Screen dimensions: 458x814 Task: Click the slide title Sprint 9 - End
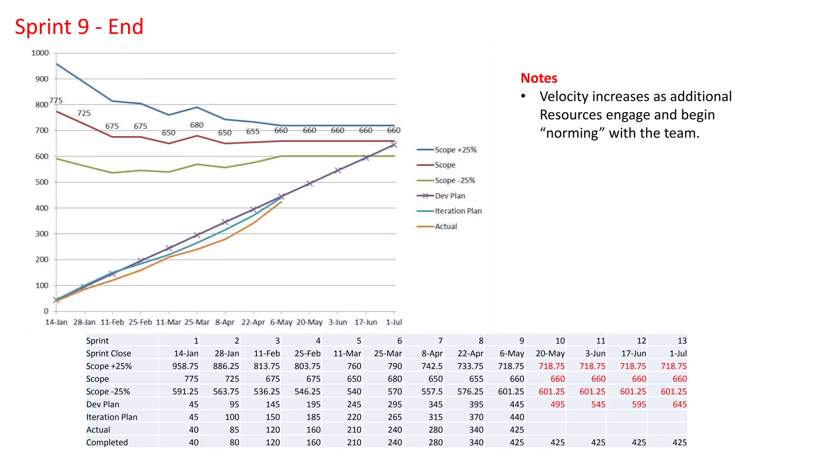point(79,27)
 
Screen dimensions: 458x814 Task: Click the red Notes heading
point(539,78)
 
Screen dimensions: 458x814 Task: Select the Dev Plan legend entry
point(450,196)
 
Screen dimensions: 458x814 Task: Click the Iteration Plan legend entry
point(458,211)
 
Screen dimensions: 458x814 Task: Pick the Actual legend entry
point(446,226)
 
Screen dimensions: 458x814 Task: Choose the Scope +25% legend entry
point(455,150)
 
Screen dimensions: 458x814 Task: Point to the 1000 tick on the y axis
point(40,53)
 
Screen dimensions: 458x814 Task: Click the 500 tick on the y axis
point(42,182)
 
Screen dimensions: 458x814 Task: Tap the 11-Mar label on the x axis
point(168,322)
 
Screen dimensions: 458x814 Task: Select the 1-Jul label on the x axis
point(394,322)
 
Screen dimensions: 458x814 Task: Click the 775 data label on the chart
point(56,101)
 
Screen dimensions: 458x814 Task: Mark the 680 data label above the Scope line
point(197,125)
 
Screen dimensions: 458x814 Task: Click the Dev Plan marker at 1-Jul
point(394,145)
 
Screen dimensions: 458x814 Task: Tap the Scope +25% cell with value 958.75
point(185,366)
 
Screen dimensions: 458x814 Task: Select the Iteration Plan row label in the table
point(112,417)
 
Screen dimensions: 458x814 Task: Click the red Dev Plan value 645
point(679,404)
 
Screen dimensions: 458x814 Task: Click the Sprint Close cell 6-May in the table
point(512,353)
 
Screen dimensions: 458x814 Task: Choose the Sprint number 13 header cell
point(682,341)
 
